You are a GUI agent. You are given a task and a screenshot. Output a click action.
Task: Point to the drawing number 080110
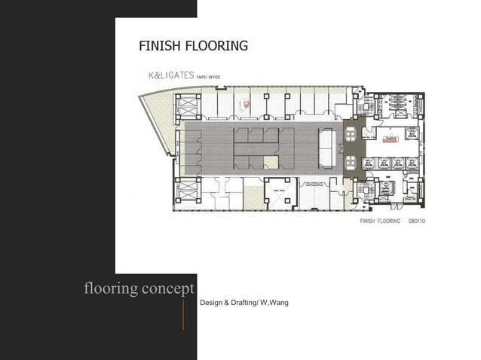pos(418,222)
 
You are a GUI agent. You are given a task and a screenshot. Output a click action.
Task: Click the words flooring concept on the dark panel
pos(139,288)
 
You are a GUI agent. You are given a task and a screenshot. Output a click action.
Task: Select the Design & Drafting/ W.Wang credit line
pos(244,303)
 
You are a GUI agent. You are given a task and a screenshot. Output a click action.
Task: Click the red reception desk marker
pos(391,139)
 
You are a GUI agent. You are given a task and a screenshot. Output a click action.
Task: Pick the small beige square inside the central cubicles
pos(271,160)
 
